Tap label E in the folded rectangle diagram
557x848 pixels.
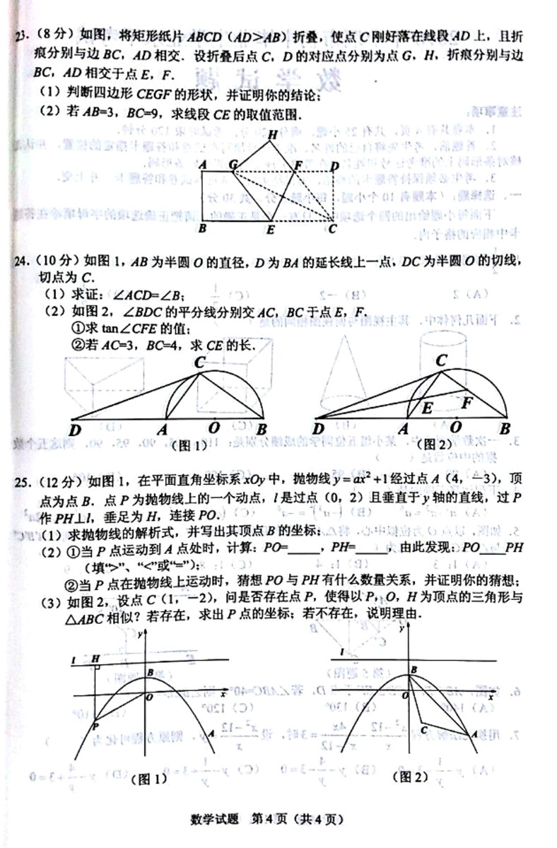[x=270, y=229]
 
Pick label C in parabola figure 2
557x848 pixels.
[x=423, y=729]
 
